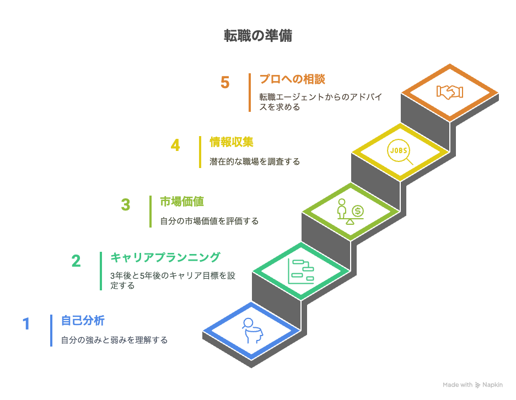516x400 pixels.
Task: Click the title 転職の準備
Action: click(257, 36)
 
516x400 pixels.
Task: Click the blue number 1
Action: click(26, 323)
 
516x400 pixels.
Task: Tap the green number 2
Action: click(76, 261)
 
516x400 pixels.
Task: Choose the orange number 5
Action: click(225, 83)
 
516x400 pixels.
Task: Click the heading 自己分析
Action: click(83, 320)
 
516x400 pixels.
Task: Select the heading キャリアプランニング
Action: click(165, 257)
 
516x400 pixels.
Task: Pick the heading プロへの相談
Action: click(292, 79)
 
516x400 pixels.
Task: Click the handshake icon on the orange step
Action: click(450, 92)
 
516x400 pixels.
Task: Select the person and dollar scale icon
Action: click(351, 212)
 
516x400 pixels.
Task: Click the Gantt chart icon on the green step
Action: click(301, 271)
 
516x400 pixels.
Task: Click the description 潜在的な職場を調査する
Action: click(255, 162)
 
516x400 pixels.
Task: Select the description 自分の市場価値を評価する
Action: click(209, 221)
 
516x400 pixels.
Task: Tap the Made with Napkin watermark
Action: click(472, 385)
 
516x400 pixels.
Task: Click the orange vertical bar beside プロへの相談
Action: click(250, 92)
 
